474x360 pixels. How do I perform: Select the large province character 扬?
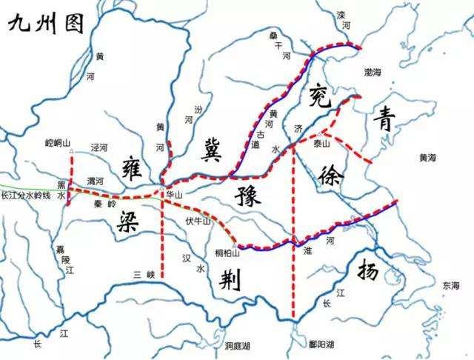373,273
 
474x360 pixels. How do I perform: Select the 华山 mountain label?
174,195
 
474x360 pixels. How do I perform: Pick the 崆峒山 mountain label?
56,141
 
